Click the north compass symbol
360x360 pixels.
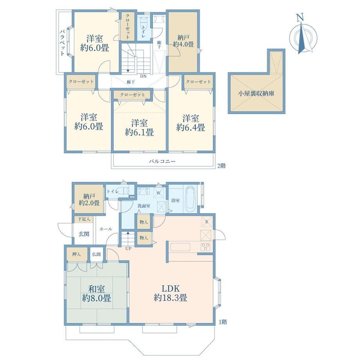303,34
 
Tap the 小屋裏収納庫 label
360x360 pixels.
256,94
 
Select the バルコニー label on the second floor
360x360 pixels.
162,161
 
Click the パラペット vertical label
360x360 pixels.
62,43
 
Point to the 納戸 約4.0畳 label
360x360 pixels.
183,41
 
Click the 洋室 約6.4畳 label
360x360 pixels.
191,123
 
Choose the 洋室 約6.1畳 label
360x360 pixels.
139,128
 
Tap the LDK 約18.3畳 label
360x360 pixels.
170,293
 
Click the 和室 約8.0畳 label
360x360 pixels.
96,293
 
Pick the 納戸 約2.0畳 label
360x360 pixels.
89,200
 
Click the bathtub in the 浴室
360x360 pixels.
190,199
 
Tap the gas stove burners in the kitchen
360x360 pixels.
205,247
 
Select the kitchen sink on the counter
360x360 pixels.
180,247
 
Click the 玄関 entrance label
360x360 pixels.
84,234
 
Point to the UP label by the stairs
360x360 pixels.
128,248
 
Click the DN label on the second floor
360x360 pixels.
143,76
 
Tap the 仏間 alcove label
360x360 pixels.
96,254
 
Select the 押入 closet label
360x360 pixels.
76,254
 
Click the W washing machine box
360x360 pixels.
158,193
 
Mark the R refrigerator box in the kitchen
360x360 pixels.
206,222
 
